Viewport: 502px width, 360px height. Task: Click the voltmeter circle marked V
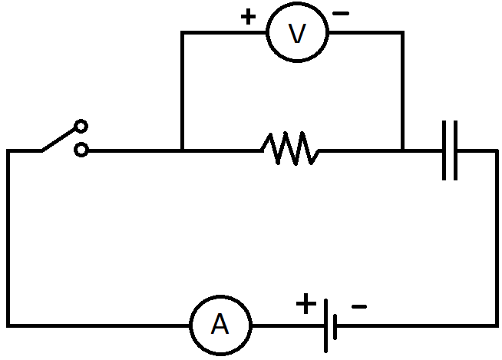[296, 32]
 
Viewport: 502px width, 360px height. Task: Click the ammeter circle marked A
[220, 325]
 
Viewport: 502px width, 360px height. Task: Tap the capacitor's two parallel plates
[450, 150]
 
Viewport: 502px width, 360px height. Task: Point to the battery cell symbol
[329, 325]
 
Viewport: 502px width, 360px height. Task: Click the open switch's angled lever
[59, 139]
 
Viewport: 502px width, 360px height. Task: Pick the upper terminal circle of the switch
[81, 126]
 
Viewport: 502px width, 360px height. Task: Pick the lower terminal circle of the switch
[81, 151]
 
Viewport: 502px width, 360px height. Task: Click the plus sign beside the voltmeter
[248, 17]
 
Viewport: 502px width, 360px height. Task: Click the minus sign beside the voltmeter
[341, 14]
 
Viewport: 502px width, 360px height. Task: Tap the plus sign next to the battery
[305, 306]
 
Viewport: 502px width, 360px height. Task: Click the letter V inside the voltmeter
[296, 33]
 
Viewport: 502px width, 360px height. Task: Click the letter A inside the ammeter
[220, 325]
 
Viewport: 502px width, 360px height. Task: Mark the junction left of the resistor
[181, 150]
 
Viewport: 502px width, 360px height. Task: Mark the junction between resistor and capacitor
[401, 150]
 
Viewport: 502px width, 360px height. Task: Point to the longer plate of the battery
[325, 325]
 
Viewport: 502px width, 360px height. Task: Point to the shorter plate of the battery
[335, 325]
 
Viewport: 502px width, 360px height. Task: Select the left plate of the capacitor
[444, 150]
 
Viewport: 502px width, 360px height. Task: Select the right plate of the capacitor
[455, 150]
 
